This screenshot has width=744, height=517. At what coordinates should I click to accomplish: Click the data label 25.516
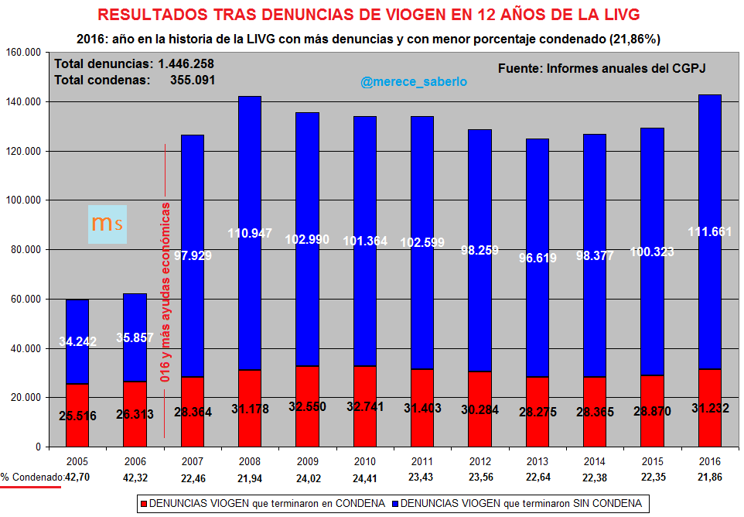[77, 416]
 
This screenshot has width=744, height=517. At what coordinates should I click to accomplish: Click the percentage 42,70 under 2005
[78, 478]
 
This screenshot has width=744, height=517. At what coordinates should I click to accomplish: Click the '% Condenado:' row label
[32, 478]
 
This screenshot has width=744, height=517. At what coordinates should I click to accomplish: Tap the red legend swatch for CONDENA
[143, 504]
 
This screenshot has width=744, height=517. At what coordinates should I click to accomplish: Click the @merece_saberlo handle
[413, 81]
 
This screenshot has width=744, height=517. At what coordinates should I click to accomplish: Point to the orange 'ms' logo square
[108, 224]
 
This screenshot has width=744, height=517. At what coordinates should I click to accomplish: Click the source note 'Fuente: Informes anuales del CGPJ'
[602, 68]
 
